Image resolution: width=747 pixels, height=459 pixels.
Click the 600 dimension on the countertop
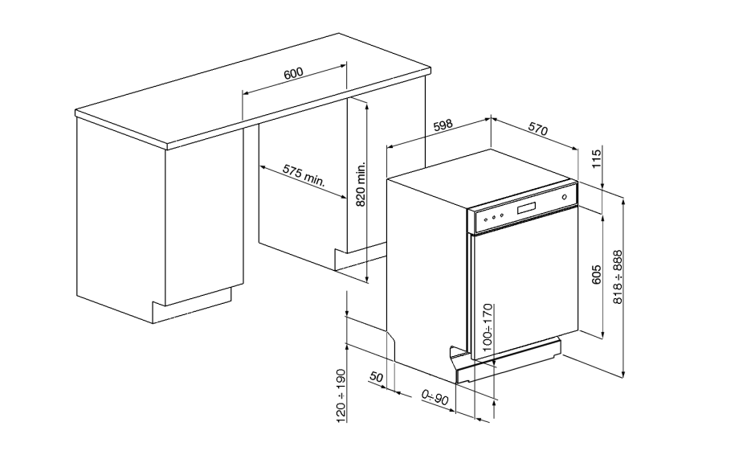pos(293,74)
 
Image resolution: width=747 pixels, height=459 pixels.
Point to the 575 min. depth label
pos(303,174)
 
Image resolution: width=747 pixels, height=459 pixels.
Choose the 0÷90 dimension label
pos(435,396)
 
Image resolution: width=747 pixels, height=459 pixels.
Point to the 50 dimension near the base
pos(376,376)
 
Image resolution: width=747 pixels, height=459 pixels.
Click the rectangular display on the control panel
pos(526,208)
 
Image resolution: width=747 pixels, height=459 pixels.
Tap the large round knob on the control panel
pos(564,197)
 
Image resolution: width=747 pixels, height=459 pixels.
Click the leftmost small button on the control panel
pos(485,219)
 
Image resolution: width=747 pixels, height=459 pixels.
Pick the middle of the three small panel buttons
pos(493,217)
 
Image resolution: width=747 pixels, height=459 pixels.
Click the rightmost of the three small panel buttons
pos(501,215)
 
